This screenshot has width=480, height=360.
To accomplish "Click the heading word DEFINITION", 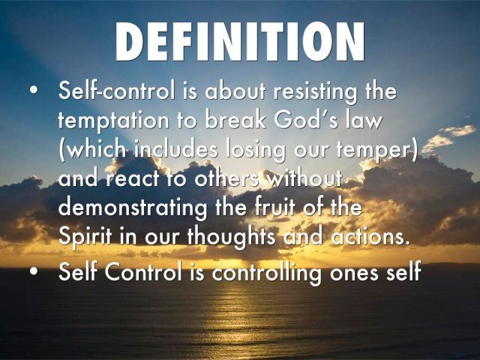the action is [240, 42].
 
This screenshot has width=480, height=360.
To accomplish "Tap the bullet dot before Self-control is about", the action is [34, 91].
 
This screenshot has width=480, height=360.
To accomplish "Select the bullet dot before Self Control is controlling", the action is [34, 271].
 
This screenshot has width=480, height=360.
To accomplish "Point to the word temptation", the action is [113, 121].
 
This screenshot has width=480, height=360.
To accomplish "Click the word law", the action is [364, 119].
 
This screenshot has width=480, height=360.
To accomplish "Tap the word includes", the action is [176, 150].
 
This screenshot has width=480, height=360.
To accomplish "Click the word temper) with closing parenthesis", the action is [377, 151].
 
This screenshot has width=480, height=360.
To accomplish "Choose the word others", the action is [226, 178].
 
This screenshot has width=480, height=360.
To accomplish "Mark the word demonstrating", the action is [133, 208].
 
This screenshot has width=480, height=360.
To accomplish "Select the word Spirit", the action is [85, 238].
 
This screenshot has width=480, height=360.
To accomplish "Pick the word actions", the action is [370, 236].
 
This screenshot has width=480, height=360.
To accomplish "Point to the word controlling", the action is [267, 272].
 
